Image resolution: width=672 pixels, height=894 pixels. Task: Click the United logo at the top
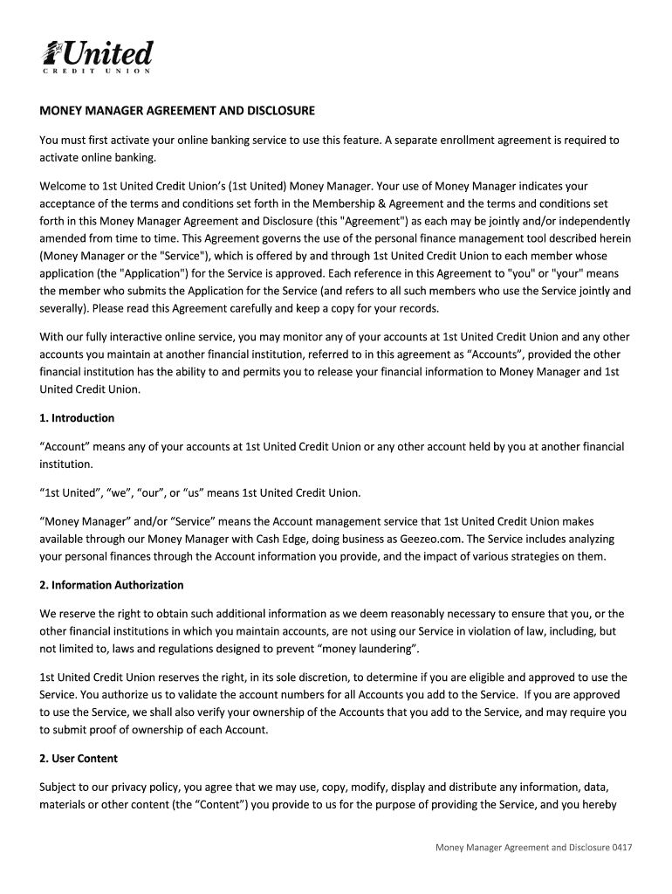coord(98,56)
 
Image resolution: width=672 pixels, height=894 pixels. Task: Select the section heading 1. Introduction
coord(77,417)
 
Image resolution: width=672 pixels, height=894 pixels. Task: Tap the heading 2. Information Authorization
coord(112,585)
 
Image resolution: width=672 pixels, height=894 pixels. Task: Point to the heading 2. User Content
coord(79,758)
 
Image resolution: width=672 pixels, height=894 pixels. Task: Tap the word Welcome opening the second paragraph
coord(63,186)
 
